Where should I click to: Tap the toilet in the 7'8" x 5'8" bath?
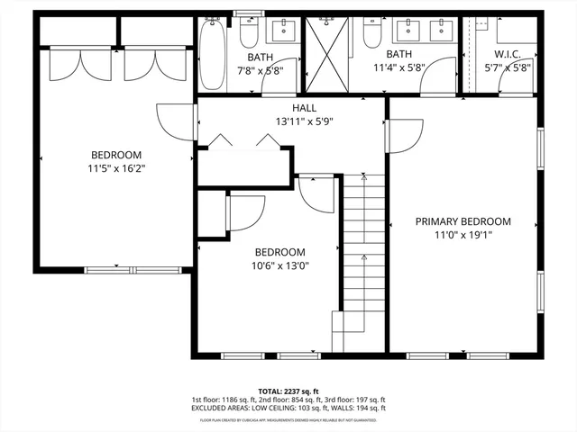point(251,33)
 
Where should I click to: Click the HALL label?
point(291,107)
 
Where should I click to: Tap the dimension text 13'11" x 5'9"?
point(291,121)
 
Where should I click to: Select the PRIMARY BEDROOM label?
point(463,221)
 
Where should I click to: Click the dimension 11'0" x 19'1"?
point(463,235)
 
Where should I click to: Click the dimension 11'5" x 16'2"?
point(115,167)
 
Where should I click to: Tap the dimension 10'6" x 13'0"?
point(279,265)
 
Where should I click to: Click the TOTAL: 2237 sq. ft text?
point(288,391)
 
